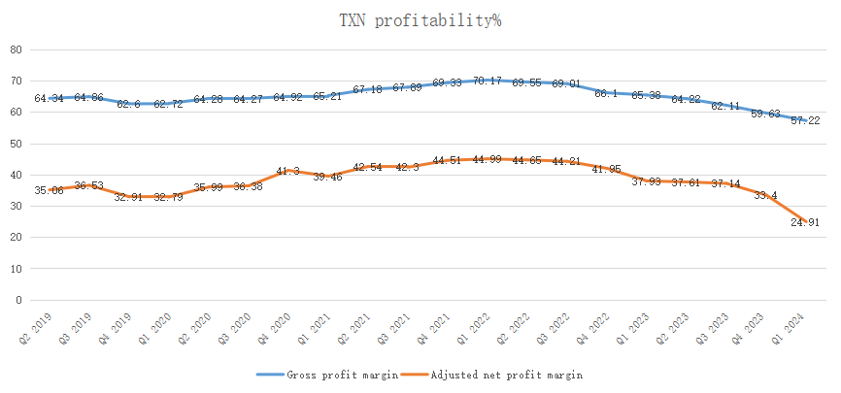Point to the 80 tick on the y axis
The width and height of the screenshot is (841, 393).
point(16,49)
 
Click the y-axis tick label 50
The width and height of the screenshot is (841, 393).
point(16,144)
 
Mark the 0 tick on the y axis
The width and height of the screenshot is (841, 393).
point(18,300)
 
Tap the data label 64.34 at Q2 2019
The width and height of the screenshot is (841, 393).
point(49,99)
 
